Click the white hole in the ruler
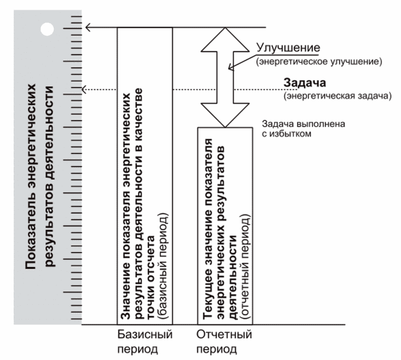47,29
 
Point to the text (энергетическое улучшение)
319,62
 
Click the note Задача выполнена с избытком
304,128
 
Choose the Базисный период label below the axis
145,342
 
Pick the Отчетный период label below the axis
224,342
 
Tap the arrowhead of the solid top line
88,27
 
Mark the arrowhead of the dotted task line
85,89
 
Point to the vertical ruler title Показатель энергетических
32,176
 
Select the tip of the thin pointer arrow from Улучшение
230,70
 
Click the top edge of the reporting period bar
225,128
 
